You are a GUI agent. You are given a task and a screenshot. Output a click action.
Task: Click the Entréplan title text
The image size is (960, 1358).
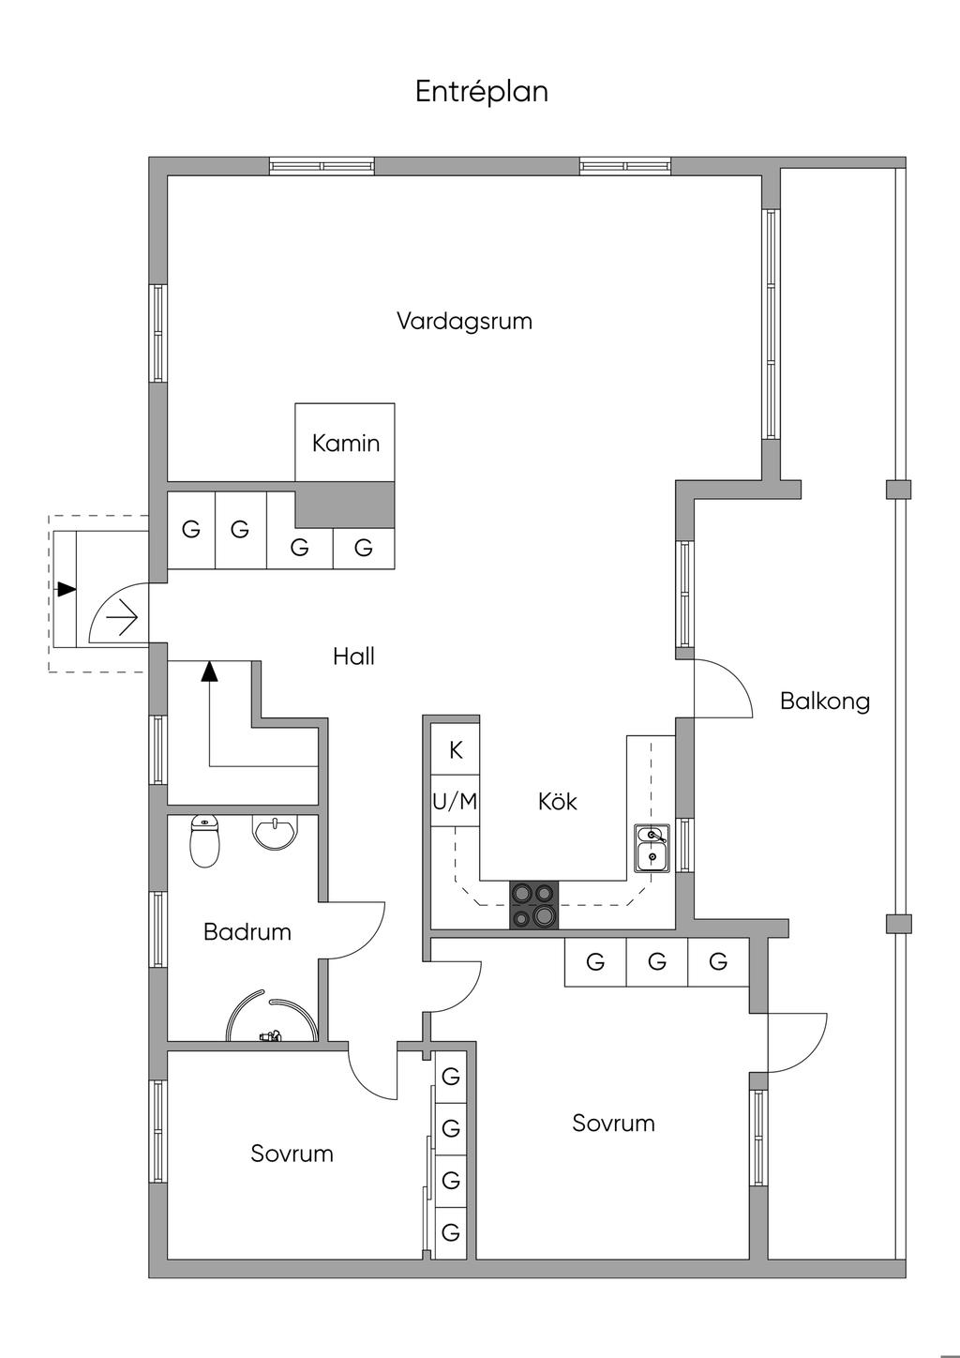pos(481,92)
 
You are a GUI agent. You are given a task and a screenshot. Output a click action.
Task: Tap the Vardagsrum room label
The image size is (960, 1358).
pos(464,322)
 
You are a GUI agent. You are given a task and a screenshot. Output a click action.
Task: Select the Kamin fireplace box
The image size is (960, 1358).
pos(345,443)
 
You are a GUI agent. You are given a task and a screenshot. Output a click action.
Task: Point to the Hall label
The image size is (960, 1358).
pos(353,656)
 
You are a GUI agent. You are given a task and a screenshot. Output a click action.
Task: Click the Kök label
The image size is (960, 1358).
pos(557,802)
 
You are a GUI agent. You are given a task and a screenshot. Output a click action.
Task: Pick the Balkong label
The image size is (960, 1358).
pos(825,702)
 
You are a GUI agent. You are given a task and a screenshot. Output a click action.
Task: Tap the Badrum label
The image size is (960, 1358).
pos(247,932)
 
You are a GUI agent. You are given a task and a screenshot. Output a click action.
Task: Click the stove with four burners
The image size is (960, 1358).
pos(533,905)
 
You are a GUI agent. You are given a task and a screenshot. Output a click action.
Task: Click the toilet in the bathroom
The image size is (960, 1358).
pos(204,840)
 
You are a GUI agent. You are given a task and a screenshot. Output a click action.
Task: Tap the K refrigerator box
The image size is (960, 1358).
pos(456,750)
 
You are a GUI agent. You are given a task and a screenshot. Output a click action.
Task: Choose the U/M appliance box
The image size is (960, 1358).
pos(455,802)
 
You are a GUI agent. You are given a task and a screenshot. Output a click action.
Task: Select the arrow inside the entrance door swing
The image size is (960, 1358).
pos(123,618)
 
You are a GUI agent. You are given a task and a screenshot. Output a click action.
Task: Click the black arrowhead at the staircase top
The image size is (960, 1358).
pos(209,670)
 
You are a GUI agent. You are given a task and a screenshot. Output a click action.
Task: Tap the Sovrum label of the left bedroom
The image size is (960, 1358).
pos(292,1154)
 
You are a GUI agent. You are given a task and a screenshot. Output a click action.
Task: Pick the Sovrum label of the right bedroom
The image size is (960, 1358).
pos(613,1124)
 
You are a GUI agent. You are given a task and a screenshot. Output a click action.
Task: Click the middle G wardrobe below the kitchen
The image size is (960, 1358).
pos(656,961)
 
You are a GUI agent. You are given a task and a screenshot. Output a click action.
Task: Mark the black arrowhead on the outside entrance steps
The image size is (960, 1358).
pos(66,589)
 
